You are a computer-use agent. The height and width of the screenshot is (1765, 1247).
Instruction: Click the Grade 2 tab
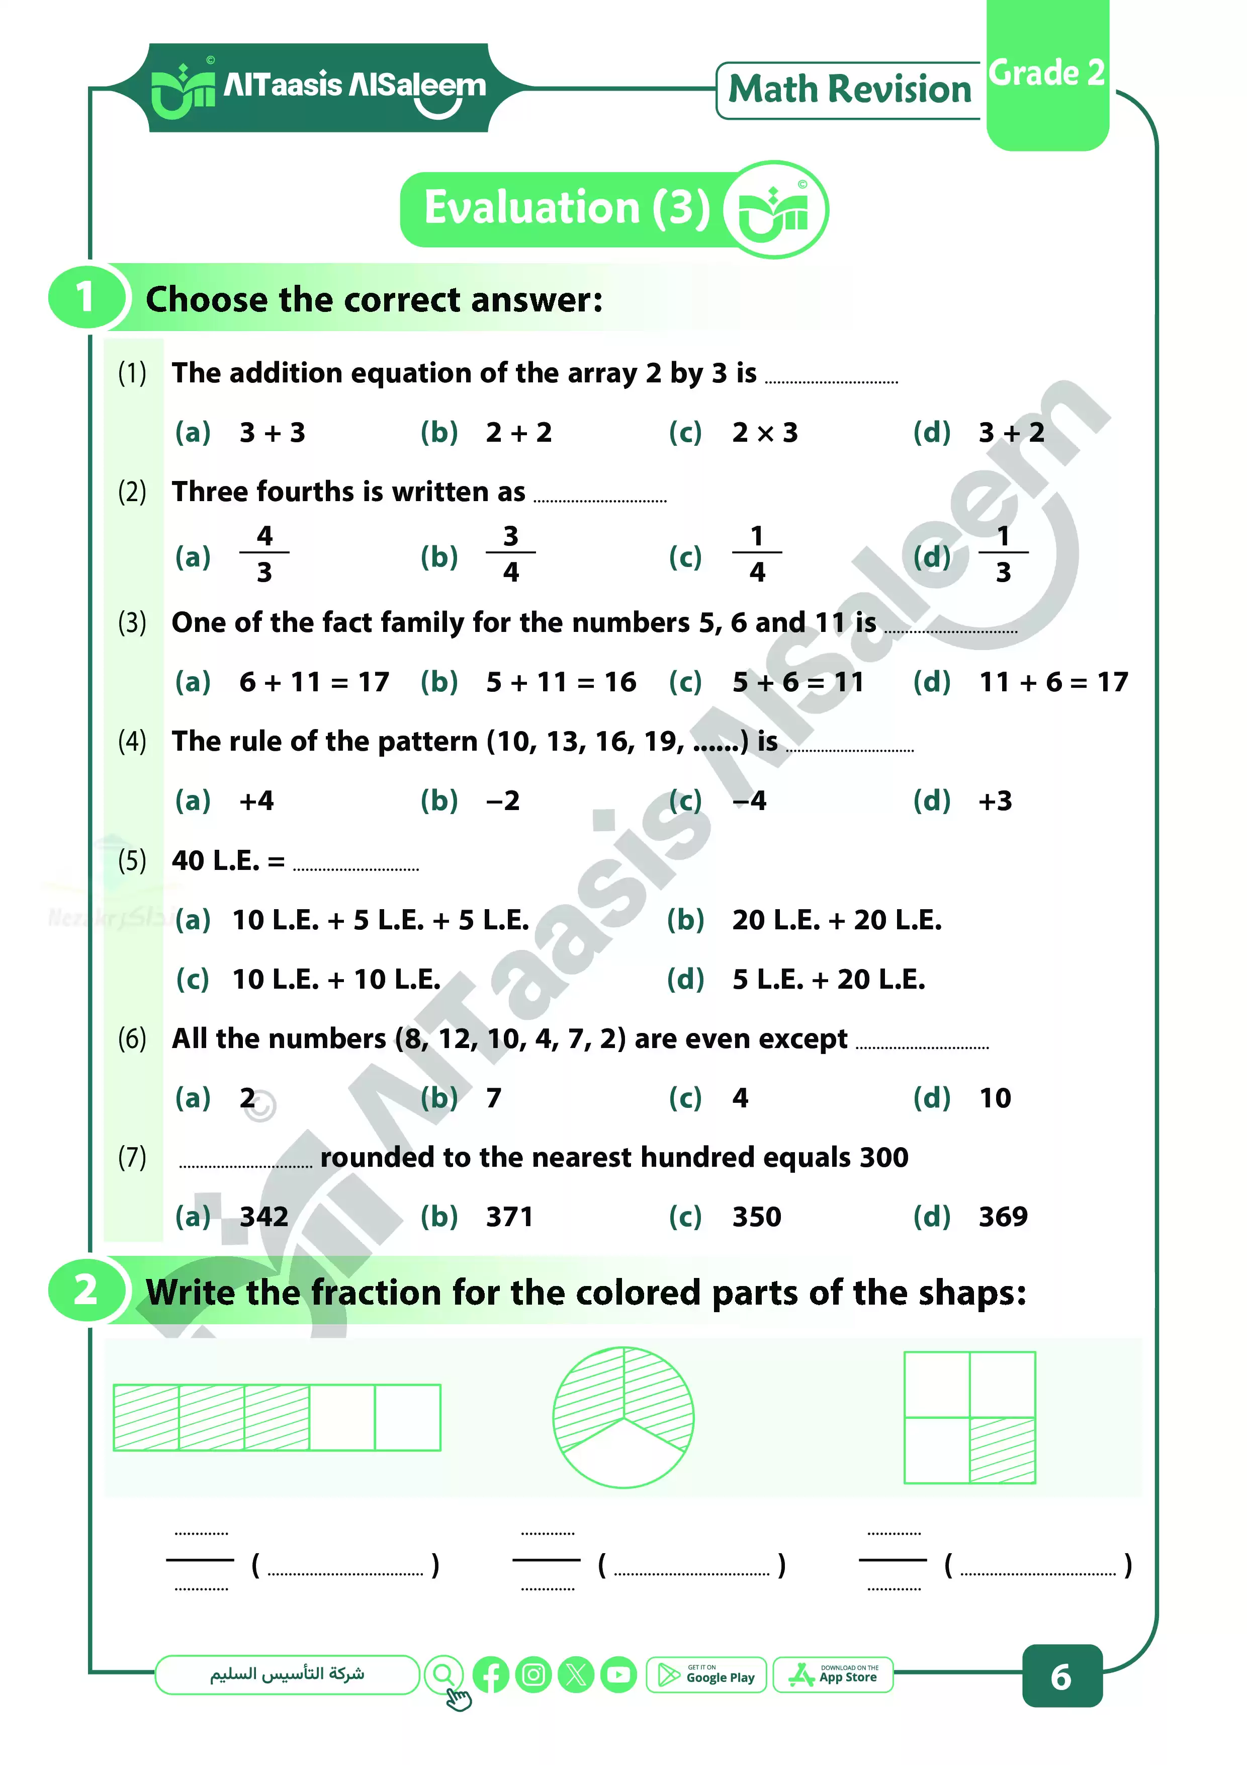pyautogui.click(x=1046, y=74)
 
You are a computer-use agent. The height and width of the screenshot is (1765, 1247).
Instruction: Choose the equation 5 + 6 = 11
pyautogui.click(x=797, y=682)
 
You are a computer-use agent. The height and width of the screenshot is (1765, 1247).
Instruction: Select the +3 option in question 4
pyautogui.click(x=995, y=801)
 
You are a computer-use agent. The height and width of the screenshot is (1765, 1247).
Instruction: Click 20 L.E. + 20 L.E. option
pyautogui.click(x=836, y=920)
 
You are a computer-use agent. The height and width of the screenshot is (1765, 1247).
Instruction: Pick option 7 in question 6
pyautogui.click(x=493, y=1098)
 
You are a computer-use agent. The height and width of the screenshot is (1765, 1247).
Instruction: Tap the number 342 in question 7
pyautogui.click(x=263, y=1217)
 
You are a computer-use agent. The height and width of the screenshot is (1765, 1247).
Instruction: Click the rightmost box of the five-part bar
pyautogui.click(x=407, y=1417)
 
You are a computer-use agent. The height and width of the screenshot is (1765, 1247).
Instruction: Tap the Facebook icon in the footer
pyautogui.click(x=491, y=1675)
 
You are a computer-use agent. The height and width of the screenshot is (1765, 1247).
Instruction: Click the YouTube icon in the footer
pyautogui.click(x=618, y=1675)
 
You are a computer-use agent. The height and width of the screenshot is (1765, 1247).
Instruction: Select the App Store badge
pyautogui.click(x=833, y=1675)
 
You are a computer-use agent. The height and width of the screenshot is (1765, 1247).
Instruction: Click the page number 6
pyautogui.click(x=1061, y=1676)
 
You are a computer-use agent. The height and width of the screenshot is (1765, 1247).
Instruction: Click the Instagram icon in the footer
pyautogui.click(x=533, y=1675)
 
